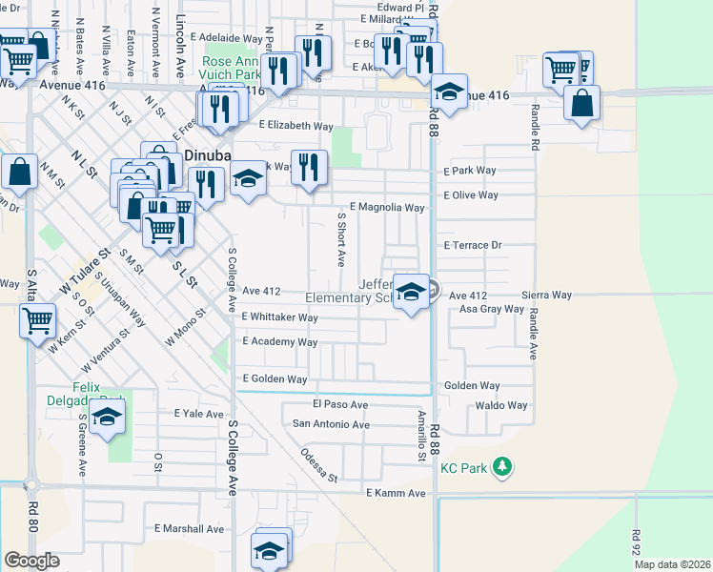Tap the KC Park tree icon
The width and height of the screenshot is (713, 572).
(504, 467)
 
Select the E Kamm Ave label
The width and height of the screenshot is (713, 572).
(396, 493)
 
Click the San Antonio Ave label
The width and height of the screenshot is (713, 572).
(330, 423)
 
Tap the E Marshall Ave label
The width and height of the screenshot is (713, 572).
(189, 528)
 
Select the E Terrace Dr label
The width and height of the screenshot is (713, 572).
(473, 245)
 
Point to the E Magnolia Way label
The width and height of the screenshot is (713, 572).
(387, 207)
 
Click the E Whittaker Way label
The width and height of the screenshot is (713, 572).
(279, 317)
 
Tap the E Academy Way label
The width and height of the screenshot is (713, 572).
(279, 341)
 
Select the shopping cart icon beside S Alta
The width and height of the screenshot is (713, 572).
(37, 321)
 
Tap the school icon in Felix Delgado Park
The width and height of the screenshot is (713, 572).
(108, 417)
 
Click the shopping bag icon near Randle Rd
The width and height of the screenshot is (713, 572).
(581, 102)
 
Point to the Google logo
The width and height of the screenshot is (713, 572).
(32, 561)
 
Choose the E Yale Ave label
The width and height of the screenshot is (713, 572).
(197, 414)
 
